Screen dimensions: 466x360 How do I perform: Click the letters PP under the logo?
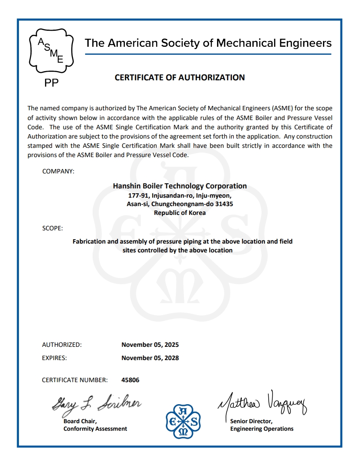click(x=52, y=83)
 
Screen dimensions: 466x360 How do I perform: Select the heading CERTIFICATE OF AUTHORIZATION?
click(x=180, y=78)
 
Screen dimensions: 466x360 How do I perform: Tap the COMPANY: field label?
click(x=58, y=171)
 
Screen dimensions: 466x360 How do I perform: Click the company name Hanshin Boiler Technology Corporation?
click(x=180, y=186)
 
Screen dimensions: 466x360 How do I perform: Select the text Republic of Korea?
click(x=180, y=212)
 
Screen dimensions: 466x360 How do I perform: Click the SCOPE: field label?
click(x=52, y=228)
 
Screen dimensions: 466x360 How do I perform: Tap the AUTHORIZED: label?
click(x=62, y=345)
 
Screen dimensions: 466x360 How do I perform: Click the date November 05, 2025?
click(x=150, y=345)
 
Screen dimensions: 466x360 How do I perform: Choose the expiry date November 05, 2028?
click(x=150, y=358)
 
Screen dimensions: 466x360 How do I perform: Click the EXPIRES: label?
click(x=54, y=358)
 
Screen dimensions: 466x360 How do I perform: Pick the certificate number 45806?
click(x=130, y=380)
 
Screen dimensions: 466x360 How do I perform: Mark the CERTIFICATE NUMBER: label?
click(x=75, y=380)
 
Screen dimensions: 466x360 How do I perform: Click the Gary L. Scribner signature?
click(x=96, y=403)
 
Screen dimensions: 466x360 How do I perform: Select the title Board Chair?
click(x=80, y=421)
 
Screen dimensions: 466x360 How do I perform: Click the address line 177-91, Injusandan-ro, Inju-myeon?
click(x=180, y=195)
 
